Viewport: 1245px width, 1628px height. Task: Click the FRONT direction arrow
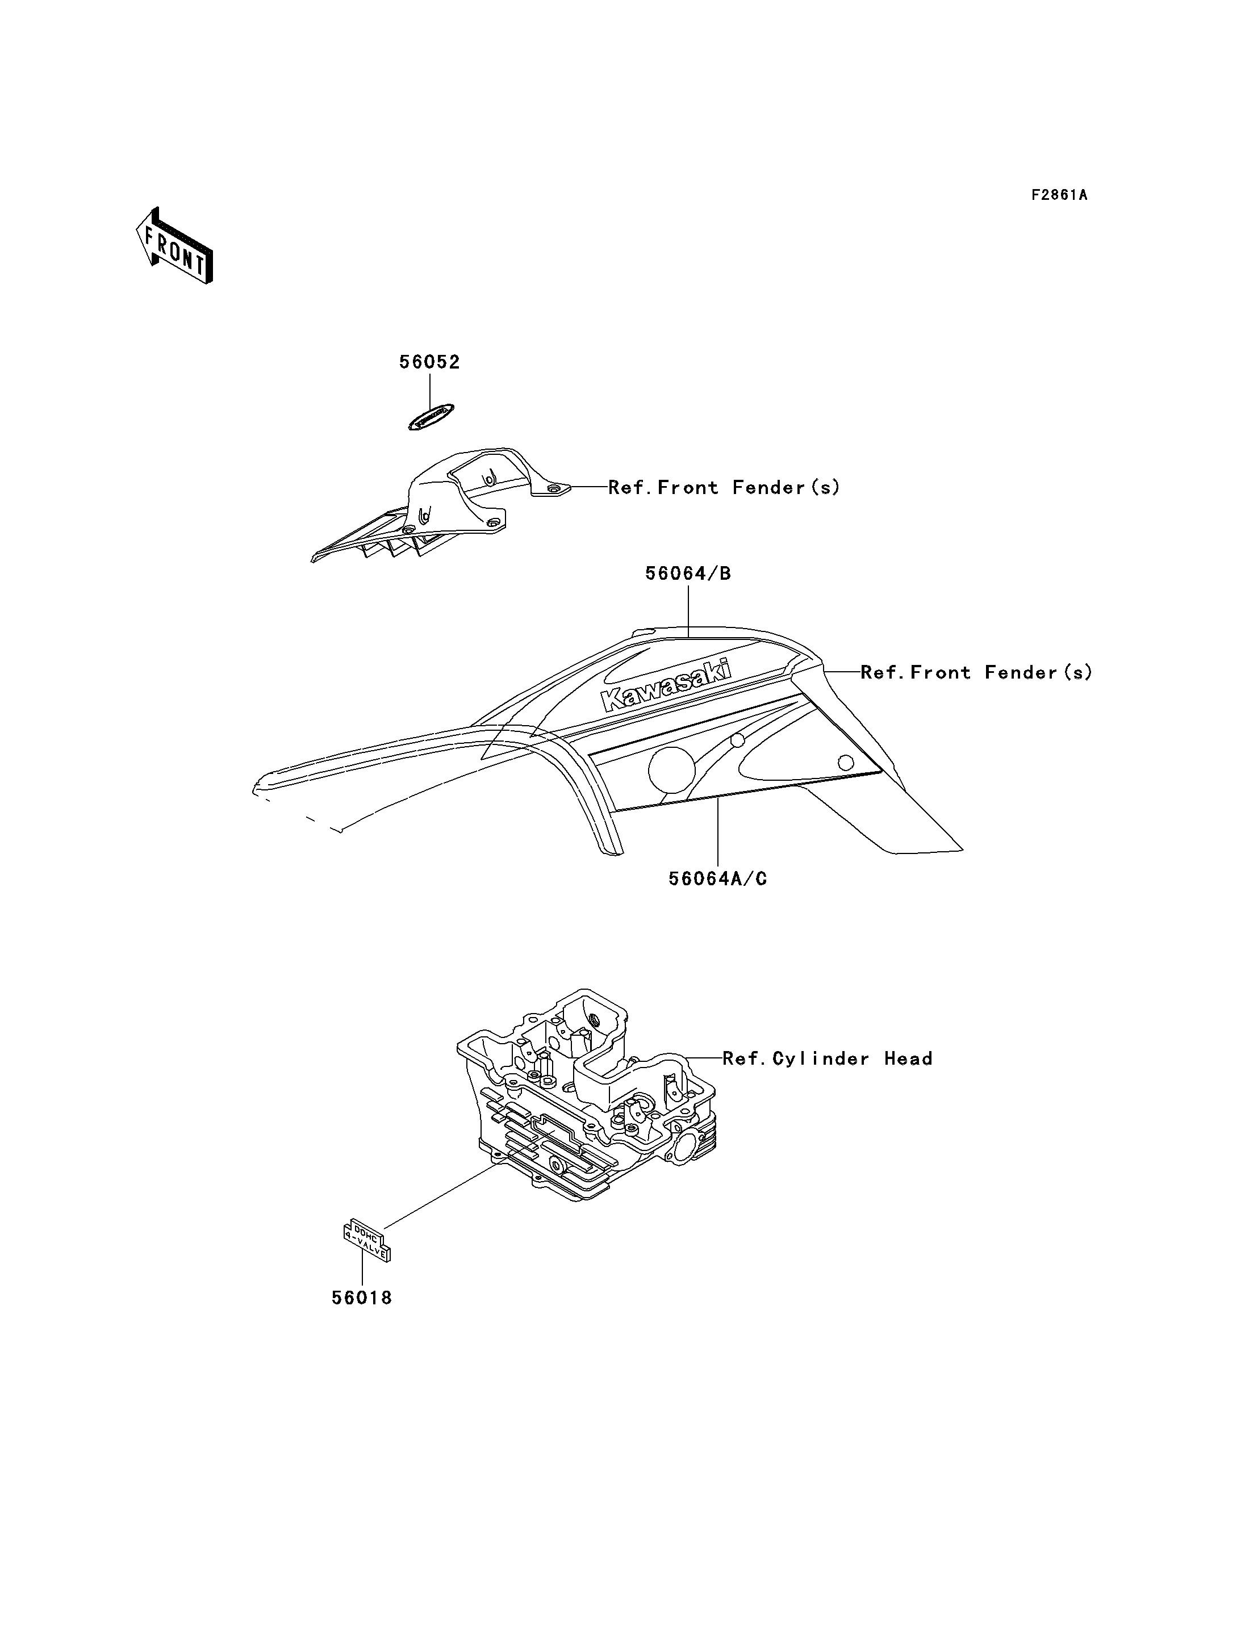click(175, 247)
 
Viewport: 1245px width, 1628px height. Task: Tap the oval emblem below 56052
click(431, 417)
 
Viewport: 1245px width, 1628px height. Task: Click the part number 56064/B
click(688, 574)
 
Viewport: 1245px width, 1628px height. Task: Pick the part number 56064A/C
click(717, 879)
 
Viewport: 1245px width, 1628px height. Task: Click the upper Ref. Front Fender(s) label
click(724, 488)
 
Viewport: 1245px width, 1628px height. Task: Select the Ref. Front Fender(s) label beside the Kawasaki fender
click(976, 673)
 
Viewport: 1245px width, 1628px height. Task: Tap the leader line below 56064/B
click(688, 612)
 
